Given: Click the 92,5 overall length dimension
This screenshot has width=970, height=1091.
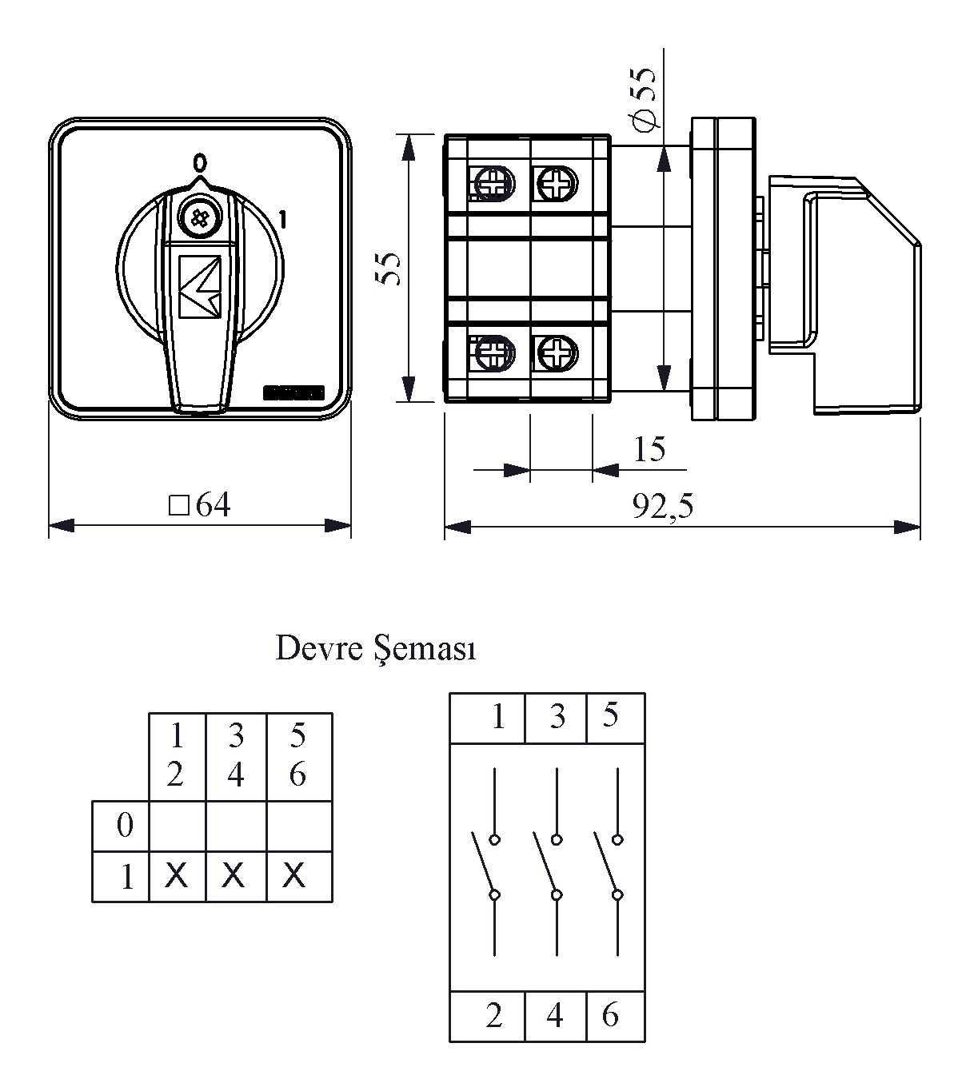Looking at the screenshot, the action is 662,506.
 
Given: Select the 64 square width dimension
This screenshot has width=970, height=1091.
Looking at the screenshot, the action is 200,505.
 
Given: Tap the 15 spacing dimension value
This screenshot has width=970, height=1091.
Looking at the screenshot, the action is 649,449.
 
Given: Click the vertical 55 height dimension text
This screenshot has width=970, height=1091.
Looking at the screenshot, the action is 389,268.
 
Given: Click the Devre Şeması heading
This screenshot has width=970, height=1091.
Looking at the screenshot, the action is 376,648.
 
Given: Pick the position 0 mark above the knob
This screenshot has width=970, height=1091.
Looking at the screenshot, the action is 200,161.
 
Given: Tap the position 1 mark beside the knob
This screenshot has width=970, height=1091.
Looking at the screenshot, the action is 281,219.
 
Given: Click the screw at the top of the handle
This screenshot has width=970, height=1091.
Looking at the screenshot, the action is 199,217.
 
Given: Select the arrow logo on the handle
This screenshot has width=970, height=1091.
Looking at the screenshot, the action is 199,286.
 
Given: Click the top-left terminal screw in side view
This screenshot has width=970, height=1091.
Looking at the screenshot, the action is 493,183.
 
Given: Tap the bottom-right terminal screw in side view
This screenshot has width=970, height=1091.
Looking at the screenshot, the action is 557,353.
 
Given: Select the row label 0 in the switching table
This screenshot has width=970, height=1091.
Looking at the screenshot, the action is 125,824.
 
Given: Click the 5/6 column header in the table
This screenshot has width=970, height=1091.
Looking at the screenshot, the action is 298,755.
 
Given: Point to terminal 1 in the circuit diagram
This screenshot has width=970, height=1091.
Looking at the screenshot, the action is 498,717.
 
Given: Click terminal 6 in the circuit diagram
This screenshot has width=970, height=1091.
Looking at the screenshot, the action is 611,1015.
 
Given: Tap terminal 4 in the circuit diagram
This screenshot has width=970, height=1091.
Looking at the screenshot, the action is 554,1016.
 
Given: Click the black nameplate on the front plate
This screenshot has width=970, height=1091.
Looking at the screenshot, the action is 293,392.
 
